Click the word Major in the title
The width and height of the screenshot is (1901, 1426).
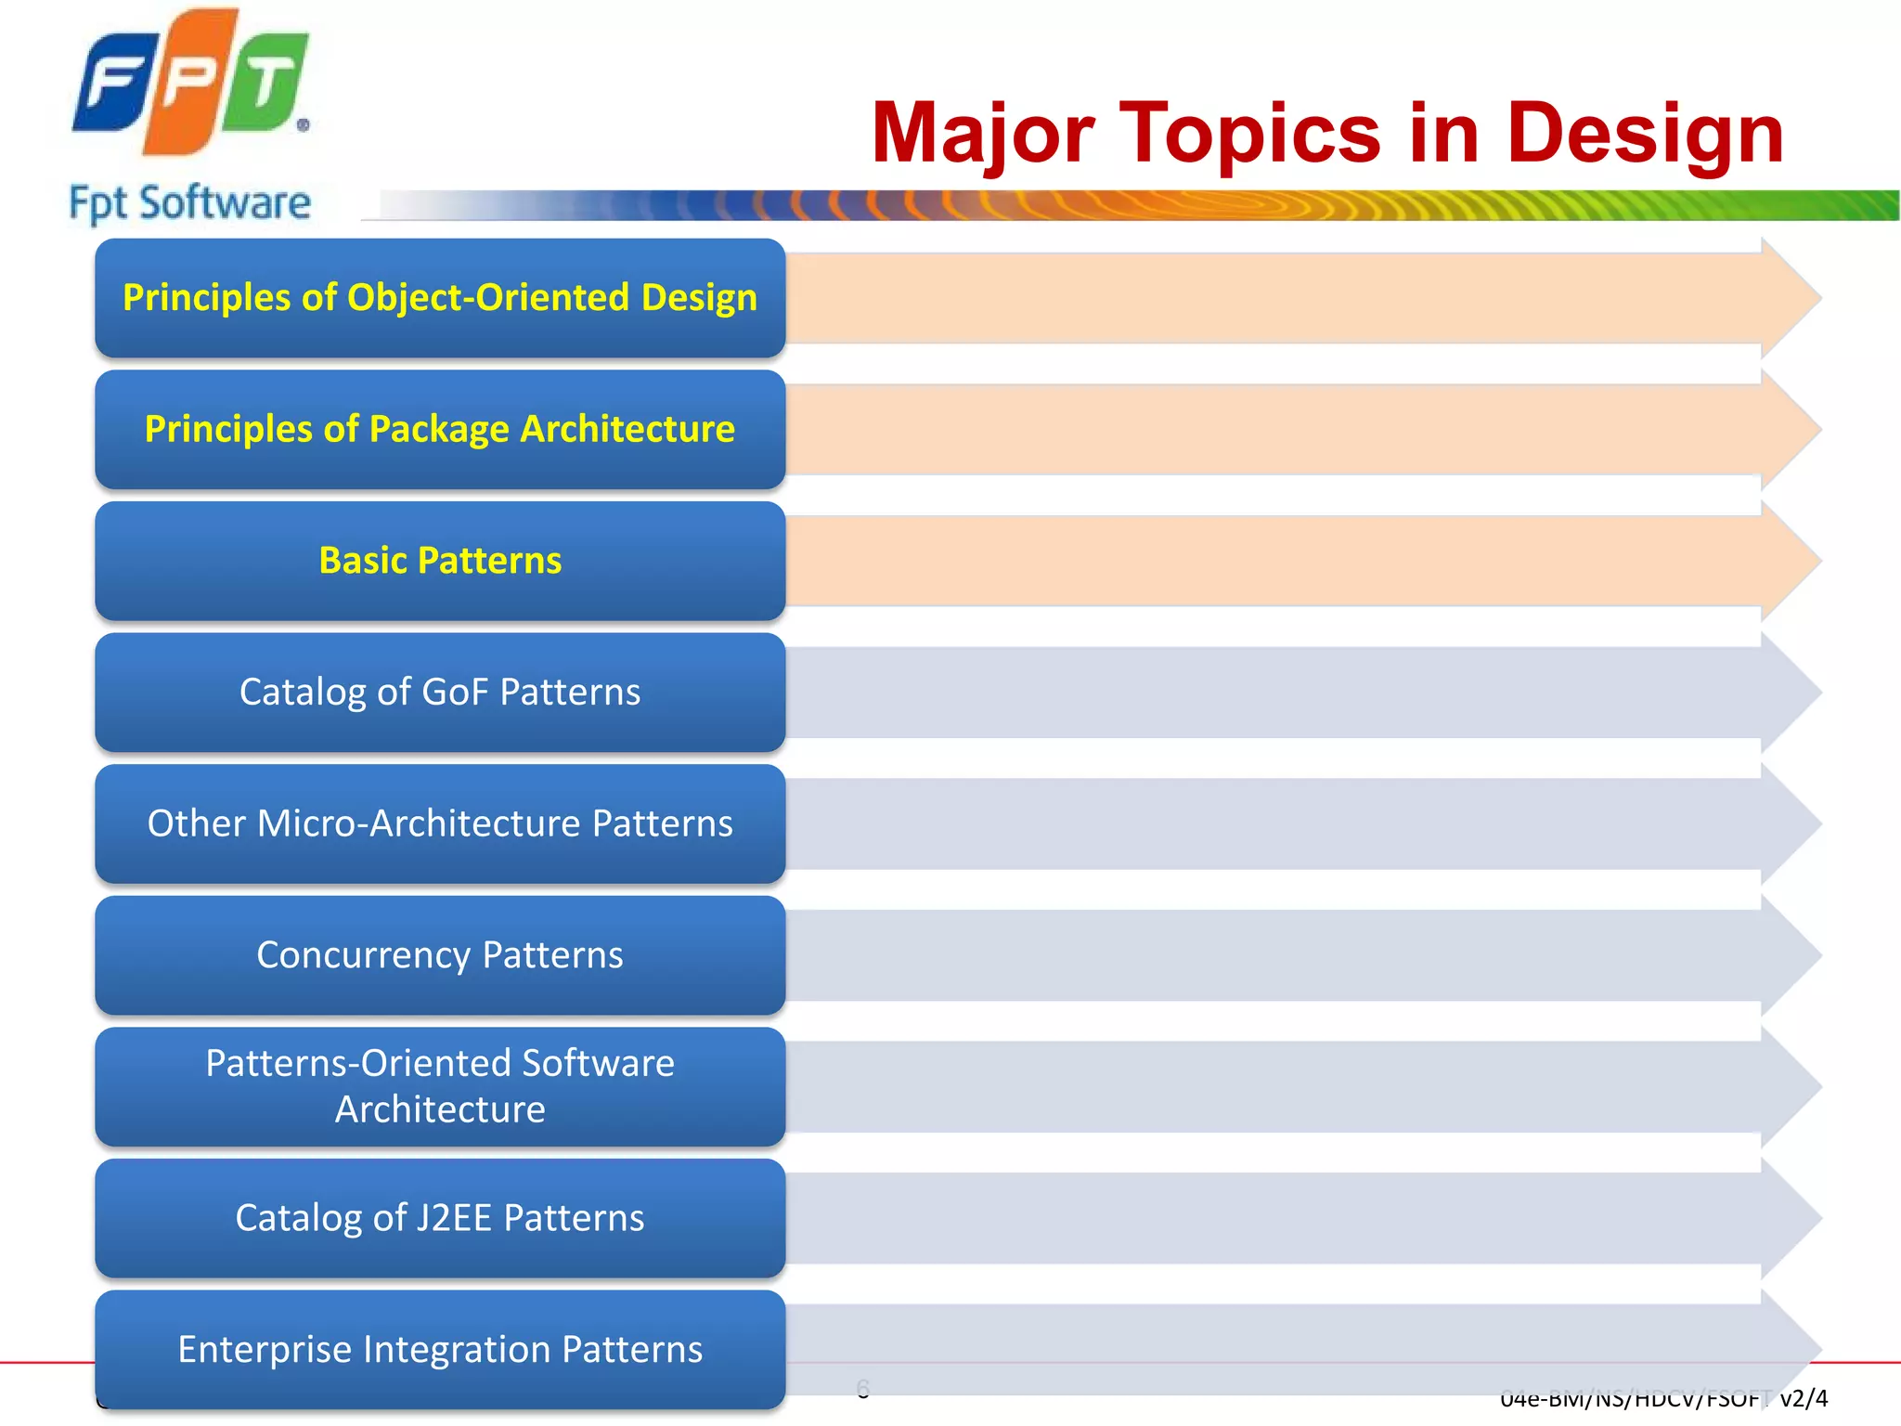pos(983,135)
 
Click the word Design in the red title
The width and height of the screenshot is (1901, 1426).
pos(1644,135)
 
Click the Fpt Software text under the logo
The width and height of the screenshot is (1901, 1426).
pos(190,202)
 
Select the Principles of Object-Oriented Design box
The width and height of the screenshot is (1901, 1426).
pos(440,298)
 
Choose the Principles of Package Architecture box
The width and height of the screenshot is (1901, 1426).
pos(440,430)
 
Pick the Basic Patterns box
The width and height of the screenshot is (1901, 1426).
pos(440,561)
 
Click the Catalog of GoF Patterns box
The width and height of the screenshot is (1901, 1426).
pos(440,693)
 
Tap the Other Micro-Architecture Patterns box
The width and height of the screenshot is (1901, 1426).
pos(440,823)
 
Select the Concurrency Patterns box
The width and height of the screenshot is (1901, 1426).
pos(440,955)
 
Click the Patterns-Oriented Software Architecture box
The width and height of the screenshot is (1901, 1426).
pos(440,1086)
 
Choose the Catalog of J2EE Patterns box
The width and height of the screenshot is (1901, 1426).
pos(440,1218)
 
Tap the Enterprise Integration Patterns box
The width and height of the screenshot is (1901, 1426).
pos(440,1349)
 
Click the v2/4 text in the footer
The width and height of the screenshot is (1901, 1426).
pos(1804,1398)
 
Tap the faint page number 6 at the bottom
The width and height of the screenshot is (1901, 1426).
pos(863,1389)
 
